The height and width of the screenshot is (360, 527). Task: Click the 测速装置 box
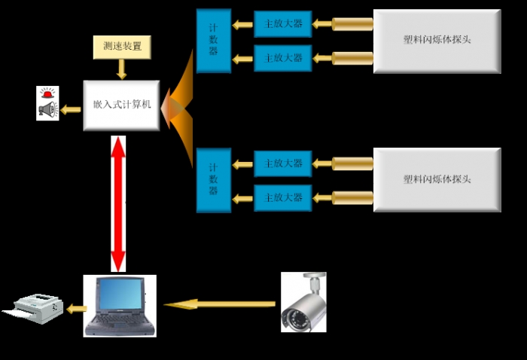click(x=121, y=47)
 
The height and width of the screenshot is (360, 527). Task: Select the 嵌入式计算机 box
click(x=121, y=105)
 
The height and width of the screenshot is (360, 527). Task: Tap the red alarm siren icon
click(x=47, y=95)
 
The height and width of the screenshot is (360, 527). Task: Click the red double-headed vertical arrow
click(x=118, y=203)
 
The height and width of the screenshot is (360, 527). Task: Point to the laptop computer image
click(x=120, y=305)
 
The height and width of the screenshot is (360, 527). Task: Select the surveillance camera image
click(x=303, y=302)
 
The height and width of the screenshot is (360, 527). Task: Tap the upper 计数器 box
click(x=213, y=41)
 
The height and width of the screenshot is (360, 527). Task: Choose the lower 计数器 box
click(x=213, y=180)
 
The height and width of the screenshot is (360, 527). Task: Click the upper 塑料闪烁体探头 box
click(x=437, y=41)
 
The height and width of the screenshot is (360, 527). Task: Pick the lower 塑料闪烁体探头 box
click(x=437, y=180)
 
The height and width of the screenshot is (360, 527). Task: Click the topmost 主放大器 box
click(x=282, y=24)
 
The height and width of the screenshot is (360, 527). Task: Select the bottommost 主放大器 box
click(x=282, y=197)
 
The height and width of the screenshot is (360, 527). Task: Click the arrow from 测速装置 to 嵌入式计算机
click(x=121, y=69)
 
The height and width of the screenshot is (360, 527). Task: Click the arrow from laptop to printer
click(x=76, y=308)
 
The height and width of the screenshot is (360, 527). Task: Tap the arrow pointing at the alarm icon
click(x=71, y=110)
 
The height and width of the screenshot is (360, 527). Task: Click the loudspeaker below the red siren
click(x=47, y=111)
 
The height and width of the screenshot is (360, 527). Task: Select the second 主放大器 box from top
click(x=282, y=58)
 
